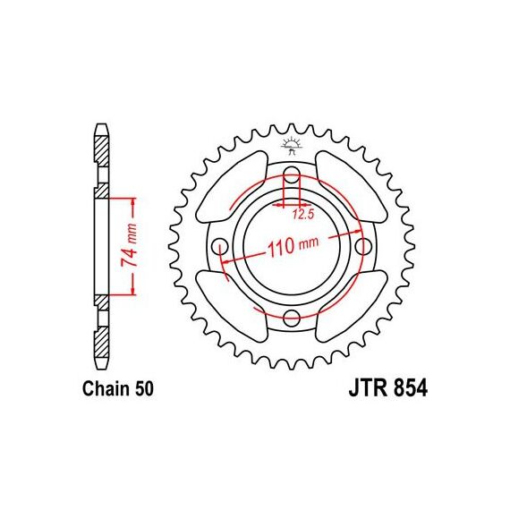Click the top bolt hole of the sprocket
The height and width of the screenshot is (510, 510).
tap(292, 174)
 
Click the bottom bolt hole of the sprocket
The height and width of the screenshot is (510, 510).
tap(292, 318)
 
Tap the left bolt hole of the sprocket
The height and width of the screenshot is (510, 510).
tap(220, 246)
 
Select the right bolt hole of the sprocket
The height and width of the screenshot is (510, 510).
tap(363, 246)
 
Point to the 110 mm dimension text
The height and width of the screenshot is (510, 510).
tap(293, 247)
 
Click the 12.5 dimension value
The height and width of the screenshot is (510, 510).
tap(302, 215)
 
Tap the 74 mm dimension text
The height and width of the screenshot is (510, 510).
tap(129, 245)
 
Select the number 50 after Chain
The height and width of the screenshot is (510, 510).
tap(144, 389)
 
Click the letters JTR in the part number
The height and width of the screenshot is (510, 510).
tap(369, 388)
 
